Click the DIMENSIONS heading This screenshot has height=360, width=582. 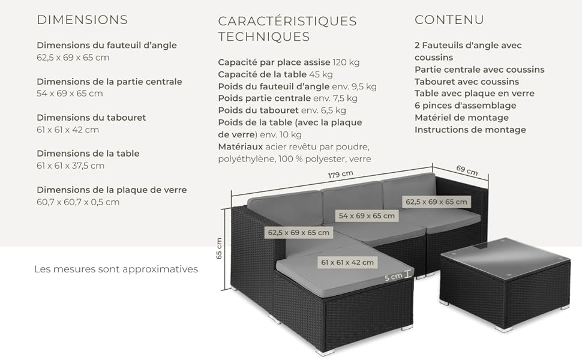point(82,20)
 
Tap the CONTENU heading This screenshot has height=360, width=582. point(449,20)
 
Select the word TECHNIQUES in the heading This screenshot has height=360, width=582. point(263,37)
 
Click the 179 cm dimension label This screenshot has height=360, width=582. point(340,174)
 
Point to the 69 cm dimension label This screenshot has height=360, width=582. point(467,170)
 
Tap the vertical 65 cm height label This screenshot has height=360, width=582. point(219,248)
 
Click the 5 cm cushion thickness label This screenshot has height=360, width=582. point(393,277)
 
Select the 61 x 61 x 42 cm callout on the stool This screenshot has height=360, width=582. point(347,262)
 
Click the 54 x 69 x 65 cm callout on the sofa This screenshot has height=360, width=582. point(367,215)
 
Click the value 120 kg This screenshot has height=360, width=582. point(346,62)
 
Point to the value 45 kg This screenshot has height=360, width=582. point(321,74)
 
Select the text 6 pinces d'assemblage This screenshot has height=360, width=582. point(466,106)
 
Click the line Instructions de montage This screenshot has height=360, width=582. point(470,130)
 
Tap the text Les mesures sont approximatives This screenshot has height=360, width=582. point(116,269)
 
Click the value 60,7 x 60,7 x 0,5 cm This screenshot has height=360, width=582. point(78,202)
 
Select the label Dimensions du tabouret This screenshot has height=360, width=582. point(91,118)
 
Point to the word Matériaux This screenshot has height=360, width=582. point(240,146)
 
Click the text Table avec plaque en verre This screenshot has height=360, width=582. point(475,94)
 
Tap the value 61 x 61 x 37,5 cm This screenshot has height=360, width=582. point(71,166)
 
